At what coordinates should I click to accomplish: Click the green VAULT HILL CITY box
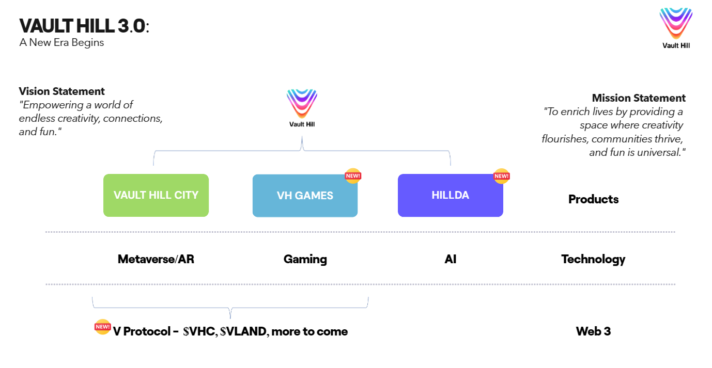click(156, 195)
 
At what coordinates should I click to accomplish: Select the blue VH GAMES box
click(305, 196)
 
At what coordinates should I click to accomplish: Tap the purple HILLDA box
click(450, 195)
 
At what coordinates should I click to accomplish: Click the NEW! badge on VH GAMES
click(353, 175)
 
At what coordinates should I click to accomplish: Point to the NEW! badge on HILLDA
click(501, 175)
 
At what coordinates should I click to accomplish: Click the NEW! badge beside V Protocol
click(102, 327)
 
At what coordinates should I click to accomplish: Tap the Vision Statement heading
click(62, 91)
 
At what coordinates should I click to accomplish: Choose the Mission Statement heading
click(639, 98)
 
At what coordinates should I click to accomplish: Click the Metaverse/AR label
click(156, 259)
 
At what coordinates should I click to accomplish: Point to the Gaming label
click(305, 259)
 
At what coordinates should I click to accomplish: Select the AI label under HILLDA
click(450, 259)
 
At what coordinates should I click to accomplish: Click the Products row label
click(593, 199)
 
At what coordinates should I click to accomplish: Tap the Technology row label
click(593, 259)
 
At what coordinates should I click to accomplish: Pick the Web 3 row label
click(593, 331)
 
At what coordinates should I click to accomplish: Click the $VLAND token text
click(243, 332)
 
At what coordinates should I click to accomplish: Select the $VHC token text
click(199, 332)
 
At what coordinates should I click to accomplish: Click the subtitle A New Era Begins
click(61, 43)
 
